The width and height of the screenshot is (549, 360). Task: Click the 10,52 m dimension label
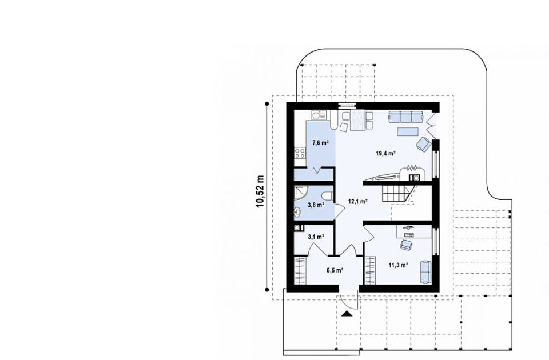point(261,191)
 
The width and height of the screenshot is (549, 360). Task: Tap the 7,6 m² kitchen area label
point(320,142)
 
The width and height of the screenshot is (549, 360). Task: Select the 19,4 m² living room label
point(386,153)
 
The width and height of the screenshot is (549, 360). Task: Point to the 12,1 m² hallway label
point(357,201)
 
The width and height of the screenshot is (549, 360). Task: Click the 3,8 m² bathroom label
point(316,205)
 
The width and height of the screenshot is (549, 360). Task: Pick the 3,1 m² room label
point(316,237)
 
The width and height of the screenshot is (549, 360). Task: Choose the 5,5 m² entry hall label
point(335,270)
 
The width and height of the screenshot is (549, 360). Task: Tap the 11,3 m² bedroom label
point(398,265)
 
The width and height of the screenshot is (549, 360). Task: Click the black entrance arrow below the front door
point(347,314)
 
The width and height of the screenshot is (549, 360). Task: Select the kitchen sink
point(74,115)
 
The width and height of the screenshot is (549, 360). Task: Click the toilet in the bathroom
point(327,195)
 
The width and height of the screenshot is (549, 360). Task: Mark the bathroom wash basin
point(297,211)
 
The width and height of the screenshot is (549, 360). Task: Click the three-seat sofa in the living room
point(406,117)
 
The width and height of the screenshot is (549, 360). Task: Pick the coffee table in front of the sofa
point(408,131)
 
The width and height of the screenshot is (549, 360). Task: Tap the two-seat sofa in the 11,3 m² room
point(425,271)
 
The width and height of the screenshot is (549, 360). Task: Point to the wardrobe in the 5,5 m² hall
point(300,270)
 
